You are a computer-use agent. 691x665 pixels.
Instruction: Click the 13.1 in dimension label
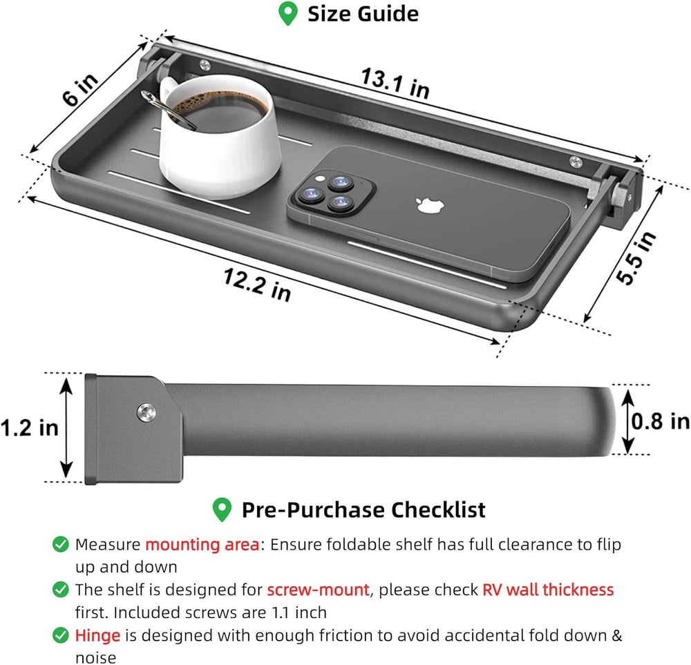point(395,84)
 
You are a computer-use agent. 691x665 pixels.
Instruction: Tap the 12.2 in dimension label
point(257,285)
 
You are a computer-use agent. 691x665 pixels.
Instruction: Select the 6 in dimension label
point(79,89)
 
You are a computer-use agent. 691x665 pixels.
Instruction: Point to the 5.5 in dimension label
point(636,258)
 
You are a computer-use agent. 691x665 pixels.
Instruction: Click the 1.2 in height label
point(29,428)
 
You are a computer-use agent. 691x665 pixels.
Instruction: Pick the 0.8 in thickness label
point(660,421)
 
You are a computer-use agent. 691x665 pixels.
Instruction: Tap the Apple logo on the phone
point(430,205)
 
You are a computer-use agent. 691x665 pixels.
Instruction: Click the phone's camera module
point(330,194)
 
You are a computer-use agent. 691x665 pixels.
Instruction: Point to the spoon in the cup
point(167,110)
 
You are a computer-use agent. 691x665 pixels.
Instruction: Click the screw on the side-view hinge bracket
point(146,413)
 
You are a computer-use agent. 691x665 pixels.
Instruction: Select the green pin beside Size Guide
point(287,14)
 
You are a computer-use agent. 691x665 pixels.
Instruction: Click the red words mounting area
point(202,545)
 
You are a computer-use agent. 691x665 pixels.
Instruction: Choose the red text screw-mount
point(318,590)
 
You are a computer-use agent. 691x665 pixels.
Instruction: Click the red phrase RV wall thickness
point(548,590)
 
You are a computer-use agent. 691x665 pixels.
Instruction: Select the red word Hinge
point(97,635)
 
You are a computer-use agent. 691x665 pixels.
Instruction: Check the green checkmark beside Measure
point(60,544)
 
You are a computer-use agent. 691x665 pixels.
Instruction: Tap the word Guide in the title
point(388,14)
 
